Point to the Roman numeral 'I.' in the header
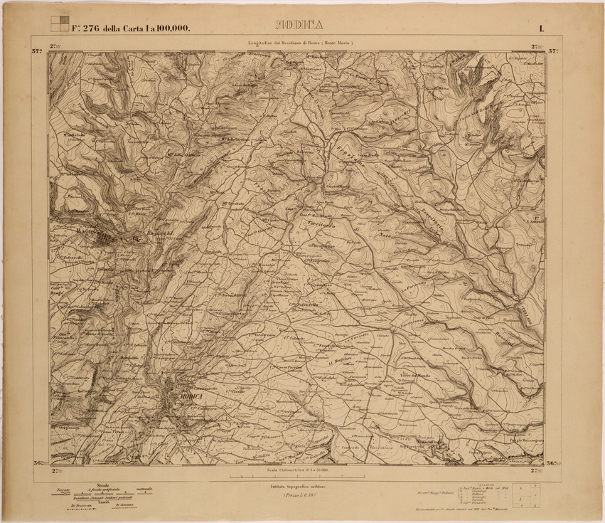point(542,28)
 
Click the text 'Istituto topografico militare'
point(301,486)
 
